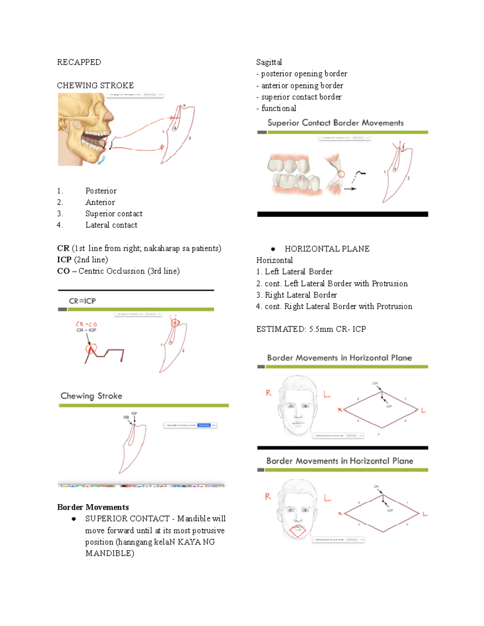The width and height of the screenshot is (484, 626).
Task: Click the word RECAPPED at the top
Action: click(79, 62)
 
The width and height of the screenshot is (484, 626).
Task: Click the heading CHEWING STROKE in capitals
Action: click(95, 85)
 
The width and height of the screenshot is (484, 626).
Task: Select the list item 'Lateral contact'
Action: click(111, 225)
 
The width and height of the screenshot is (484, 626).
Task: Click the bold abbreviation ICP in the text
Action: click(64, 260)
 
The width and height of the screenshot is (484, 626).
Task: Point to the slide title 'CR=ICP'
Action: click(82, 301)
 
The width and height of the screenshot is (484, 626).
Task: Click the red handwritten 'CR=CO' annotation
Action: click(86, 324)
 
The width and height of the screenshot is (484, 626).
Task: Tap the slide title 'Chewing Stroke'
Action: click(91, 396)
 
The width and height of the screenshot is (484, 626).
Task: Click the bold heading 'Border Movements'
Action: click(93, 507)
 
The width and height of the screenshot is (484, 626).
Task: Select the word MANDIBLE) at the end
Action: click(110, 553)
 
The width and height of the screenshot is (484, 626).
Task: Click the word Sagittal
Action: click(269, 62)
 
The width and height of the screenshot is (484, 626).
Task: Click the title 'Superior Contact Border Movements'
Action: click(335, 123)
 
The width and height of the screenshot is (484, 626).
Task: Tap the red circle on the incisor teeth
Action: click(341, 174)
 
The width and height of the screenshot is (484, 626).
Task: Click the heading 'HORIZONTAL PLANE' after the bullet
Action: click(327, 249)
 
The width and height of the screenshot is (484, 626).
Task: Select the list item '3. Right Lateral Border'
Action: click(296, 295)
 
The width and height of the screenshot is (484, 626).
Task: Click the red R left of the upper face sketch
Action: click(269, 393)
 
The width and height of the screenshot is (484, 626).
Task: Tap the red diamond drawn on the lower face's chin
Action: click(298, 531)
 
